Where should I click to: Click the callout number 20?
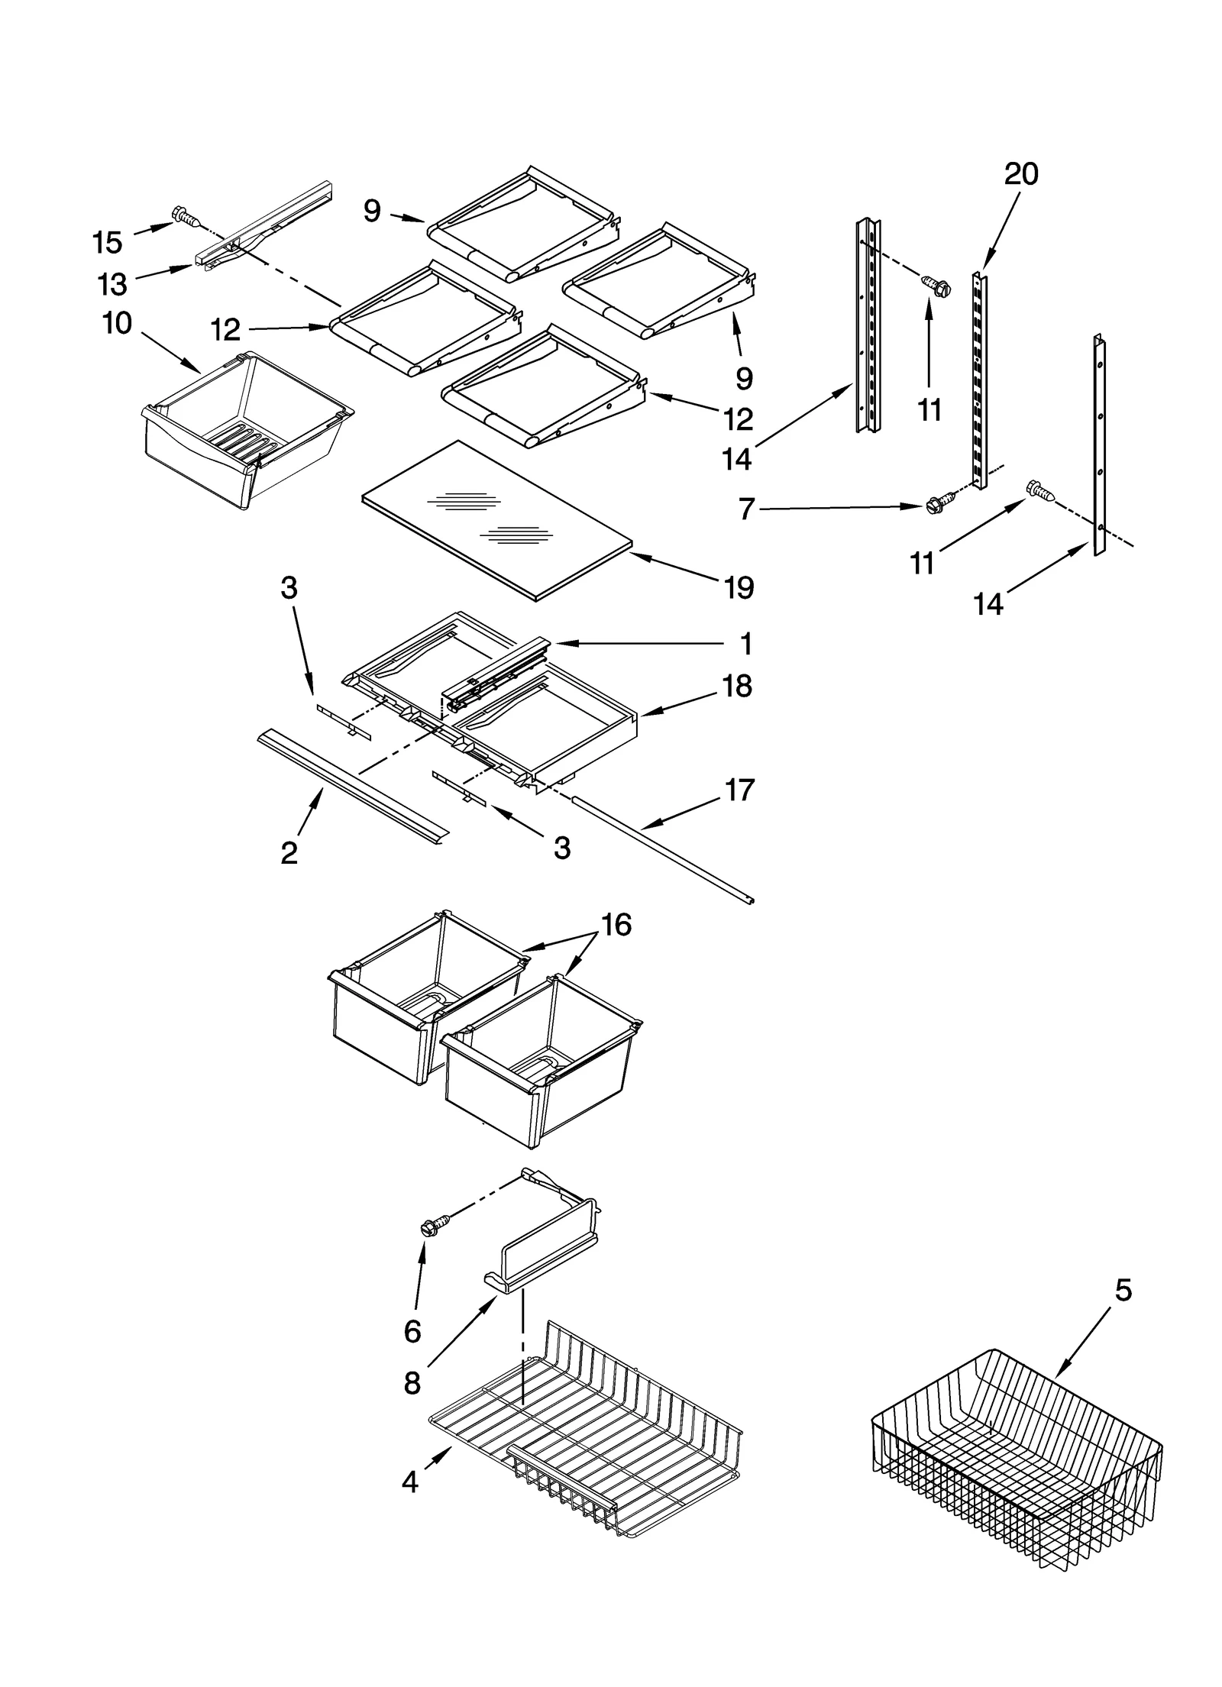[x=1020, y=174]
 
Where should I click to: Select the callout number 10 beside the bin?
[x=117, y=323]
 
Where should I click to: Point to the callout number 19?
[x=738, y=587]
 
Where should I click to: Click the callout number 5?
[x=1123, y=1290]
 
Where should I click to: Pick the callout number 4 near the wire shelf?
[x=410, y=1482]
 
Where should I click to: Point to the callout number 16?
[x=616, y=925]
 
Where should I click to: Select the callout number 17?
[x=739, y=789]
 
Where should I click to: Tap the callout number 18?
[x=737, y=686]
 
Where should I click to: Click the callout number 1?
[x=746, y=644]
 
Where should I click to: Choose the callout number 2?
[x=289, y=852]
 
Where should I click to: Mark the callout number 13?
[x=112, y=284]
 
